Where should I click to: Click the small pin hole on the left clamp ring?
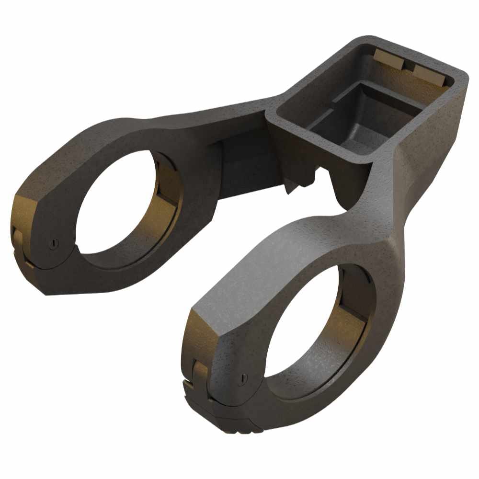tap(54, 243)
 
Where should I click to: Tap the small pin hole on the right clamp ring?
tap(243, 378)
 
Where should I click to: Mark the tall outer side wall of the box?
tap(431, 144)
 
